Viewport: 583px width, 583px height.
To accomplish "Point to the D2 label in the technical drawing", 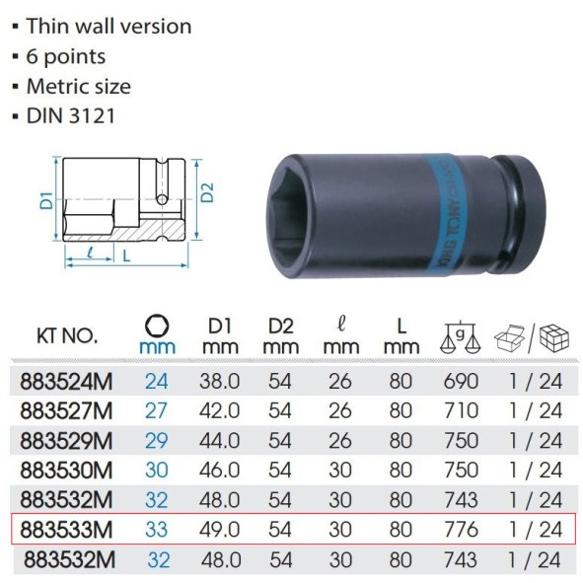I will (205, 192).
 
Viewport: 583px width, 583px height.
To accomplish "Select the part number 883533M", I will (63, 530).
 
